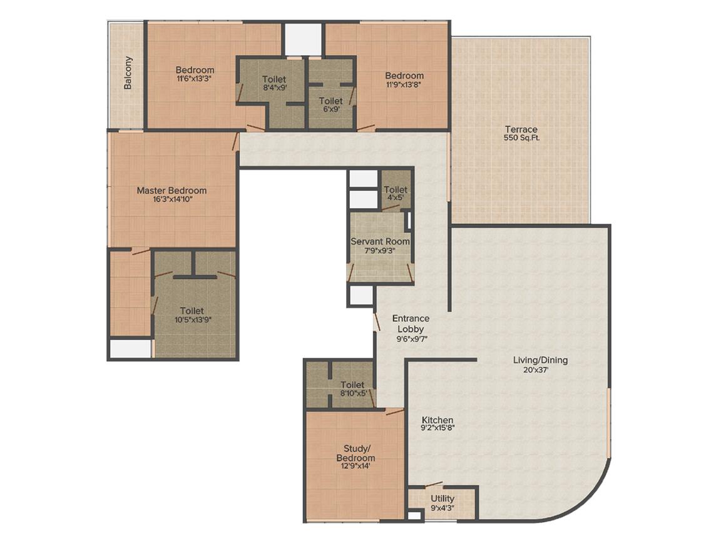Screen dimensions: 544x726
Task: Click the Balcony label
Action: (x=128, y=73)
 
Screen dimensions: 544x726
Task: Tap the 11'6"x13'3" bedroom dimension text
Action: (x=195, y=79)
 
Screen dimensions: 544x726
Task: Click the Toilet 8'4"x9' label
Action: (x=274, y=79)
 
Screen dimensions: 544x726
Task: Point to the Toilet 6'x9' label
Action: (x=330, y=101)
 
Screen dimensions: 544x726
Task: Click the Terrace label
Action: (x=521, y=129)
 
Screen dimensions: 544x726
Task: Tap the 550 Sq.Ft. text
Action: (x=521, y=138)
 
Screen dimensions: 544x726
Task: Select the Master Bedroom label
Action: (x=171, y=191)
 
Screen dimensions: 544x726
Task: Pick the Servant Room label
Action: (x=380, y=241)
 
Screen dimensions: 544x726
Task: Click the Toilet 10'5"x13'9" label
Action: (x=192, y=311)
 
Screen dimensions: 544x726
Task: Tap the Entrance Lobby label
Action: (x=411, y=324)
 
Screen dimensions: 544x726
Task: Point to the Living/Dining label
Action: (x=540, y=360)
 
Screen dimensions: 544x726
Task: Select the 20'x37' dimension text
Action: (x=540, y=370)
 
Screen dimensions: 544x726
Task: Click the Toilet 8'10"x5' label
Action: (x=352, y=385)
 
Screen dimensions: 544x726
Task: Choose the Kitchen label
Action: (x=437, y=420)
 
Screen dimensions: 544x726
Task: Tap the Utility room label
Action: (x=442, y=499)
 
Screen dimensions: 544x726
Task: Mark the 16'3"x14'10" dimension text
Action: (x=171, y=200)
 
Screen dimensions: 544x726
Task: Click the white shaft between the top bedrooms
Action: (x=303, y=39)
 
